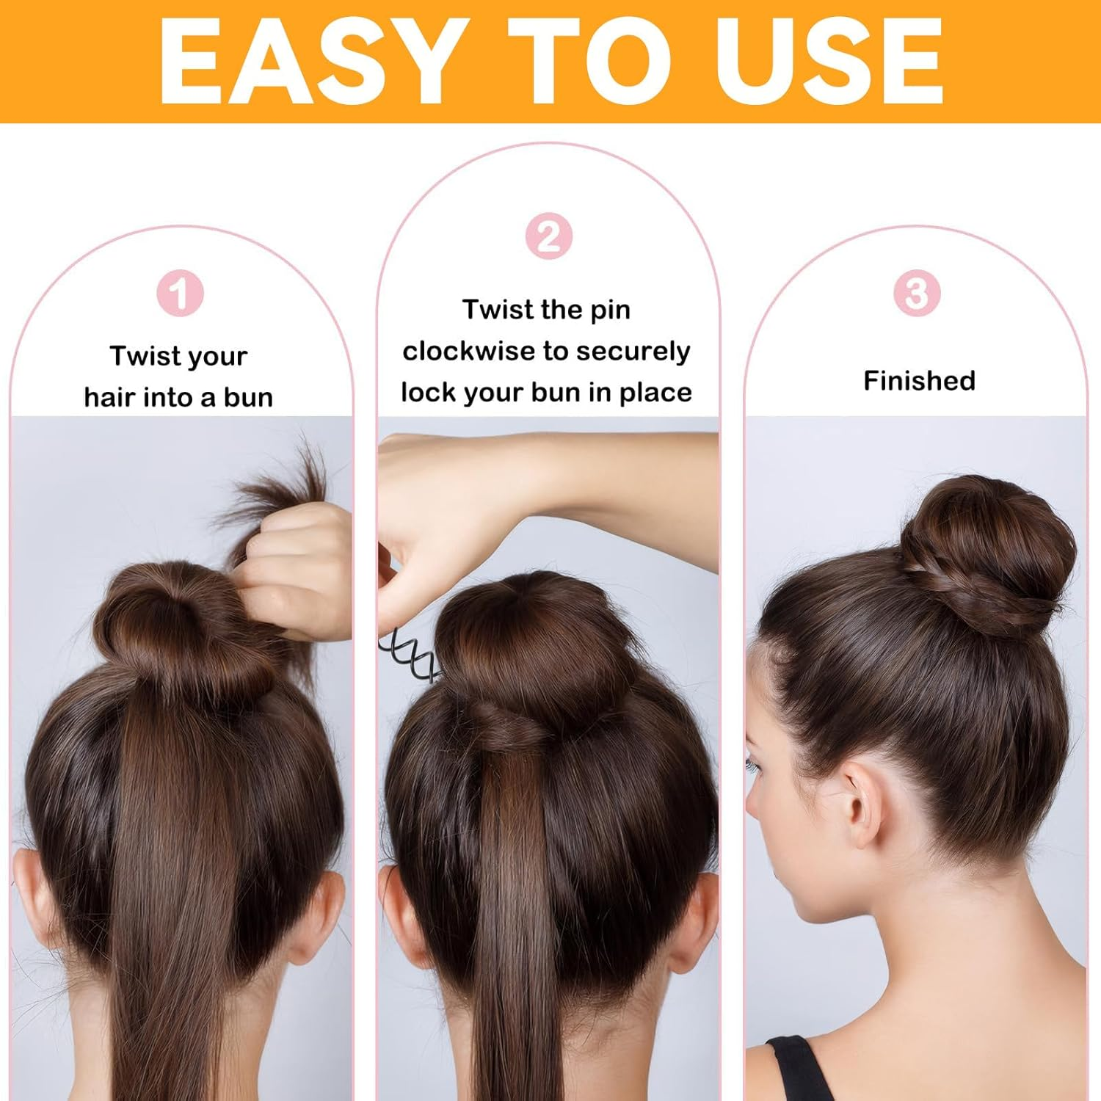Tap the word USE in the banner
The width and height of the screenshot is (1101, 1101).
coord(829,62)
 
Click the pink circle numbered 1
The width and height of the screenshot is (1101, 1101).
coord(180,294)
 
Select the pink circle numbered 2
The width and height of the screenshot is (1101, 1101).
coord(548,236)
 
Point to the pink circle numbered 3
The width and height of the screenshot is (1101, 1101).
coord(917,294)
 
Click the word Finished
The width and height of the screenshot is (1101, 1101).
coord(919,381)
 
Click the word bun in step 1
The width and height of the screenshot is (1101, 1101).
coord(248,398)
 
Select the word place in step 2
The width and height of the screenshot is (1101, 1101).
coord(655,393)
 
